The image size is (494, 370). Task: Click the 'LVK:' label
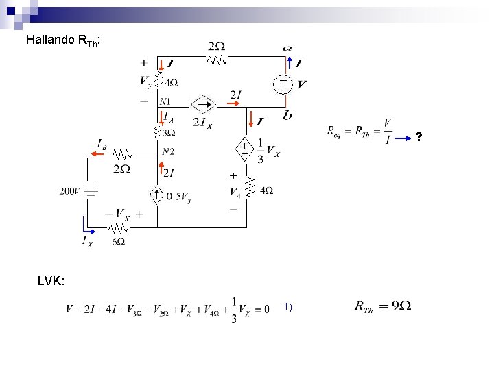pyautogui.click(x=52, y=281)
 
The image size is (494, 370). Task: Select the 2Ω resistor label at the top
pyautogui.click(x=216, y=46)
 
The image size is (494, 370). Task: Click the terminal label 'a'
pyautogui.click(x=287, y=48)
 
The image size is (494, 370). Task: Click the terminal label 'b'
pyautogui.click(x=287, y=115)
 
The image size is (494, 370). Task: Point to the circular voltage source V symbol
pyautogui.click(x=282, y=84)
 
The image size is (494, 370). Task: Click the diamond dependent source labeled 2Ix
pyautogui.click(x=203, y=105)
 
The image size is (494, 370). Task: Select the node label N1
pyautogui.click(x=166, y=102)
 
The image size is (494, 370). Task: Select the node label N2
pyautogui.click(x=168, y=151)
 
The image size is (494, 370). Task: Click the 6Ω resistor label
pyautogui.click(x=119, y=242)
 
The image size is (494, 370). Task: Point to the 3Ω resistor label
pyautogui.click(x=169, y=133)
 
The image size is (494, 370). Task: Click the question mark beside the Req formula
pyautogui.click(x=419, y=138)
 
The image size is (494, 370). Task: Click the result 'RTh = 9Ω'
pyautogui.click(x=383, y=306)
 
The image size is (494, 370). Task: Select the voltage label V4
pyautogui.click(x=235, y=192)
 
